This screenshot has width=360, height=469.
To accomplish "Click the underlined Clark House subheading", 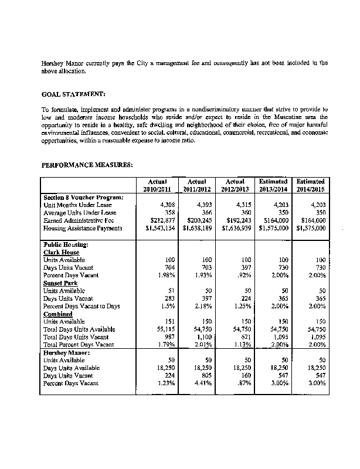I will click(62, 252).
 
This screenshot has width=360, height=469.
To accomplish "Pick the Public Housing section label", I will click(66, 244).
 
